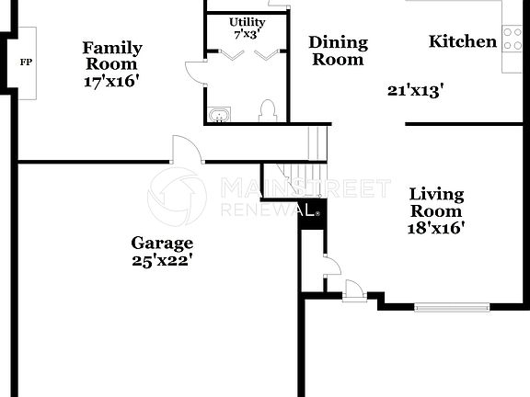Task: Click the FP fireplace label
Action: pyautogui.click(x=25, y=62)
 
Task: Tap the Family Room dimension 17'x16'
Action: pyautogui.click(x=111, y=80)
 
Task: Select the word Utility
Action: pyautogui.click(x=247, y=21)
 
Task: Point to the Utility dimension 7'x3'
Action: pyautogui.click(x=247, y=34)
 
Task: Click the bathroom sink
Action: pyautogui.click(x=221, y=114)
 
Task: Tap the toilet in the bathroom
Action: pyautogui.click(x=269, y=112)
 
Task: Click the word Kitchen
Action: pyautogui.click(x=463, y=41)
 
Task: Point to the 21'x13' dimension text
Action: pyautogui.click(x=416, y=90)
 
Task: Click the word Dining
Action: pyautogui.click(x=338, y=42)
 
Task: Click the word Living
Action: pyautogui.click(x=437, y=194)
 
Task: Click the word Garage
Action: pyautogui.click(x=162, y=244)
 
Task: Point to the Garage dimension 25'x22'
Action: pyautogui.click(x=162, y=260)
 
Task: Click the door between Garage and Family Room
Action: pyautogui.click(x=187, y=149)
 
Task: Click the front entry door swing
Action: pyautogui.click(x=354, y=290)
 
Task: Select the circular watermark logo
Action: pyautogui.click(x=177, y=196)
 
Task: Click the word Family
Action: pyautogui.click(x=112, y=47)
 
